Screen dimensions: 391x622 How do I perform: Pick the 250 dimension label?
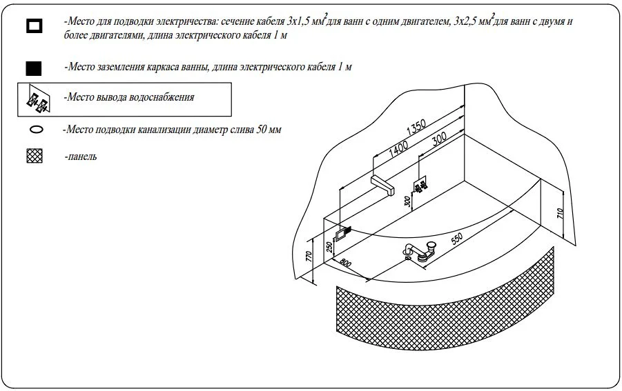(x=329, y=245)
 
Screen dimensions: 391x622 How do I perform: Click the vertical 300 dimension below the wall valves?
(x=408, y=202)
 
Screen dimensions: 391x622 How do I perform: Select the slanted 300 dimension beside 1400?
(x=439, y=141)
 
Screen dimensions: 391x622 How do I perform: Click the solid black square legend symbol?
(x=34, y=68)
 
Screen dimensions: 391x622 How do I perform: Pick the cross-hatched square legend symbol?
(x=34, y=157)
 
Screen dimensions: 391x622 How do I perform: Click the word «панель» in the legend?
(x=81, y=157)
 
